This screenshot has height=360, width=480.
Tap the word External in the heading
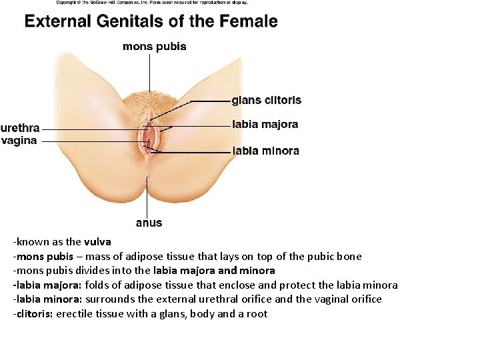[x=57, y=21]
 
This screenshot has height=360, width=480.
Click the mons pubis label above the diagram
[x=155, y=47]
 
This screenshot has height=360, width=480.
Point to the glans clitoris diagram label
[x=266, y=101]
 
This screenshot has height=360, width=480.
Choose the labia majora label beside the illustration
[x=265, y=125]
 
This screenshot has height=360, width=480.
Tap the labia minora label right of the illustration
[x=265, y=151]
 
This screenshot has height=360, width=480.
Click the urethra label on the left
[x=20, y=128]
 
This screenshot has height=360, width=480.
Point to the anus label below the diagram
[x=149, y=223]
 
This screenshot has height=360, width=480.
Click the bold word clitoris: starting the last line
[x=33, y=313]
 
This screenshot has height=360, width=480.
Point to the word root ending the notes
[x=257, y=313]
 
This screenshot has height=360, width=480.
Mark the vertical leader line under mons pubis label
[x=150, y=73]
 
